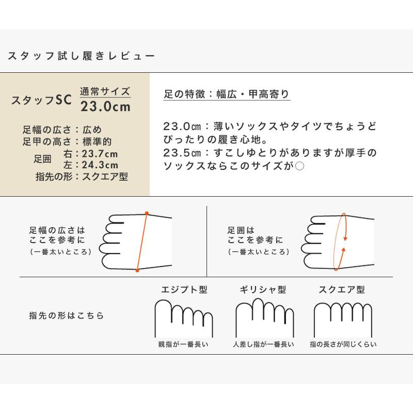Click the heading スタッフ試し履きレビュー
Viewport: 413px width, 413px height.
click(x=81, y=56)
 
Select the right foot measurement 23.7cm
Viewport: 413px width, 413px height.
click(x=100, y=154)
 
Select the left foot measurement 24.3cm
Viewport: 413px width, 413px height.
click(x=100, y=165)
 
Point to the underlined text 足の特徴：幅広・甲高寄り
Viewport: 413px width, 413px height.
click(x=227, y=95)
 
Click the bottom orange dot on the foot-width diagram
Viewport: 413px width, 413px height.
click(x=137, y=269)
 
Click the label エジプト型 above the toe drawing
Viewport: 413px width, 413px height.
click(x=182, y=290)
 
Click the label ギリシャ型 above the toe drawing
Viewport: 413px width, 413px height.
click(x=263, y=290)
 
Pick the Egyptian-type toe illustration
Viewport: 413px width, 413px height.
click(x=183, y=318)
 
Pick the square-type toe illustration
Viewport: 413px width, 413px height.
click(x=343, y=318)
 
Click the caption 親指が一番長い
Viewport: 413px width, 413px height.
click(x=183, y=344)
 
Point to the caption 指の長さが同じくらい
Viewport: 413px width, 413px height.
click(x=343, y=344)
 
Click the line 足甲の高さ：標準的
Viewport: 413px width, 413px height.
click(x=67, y=141)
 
